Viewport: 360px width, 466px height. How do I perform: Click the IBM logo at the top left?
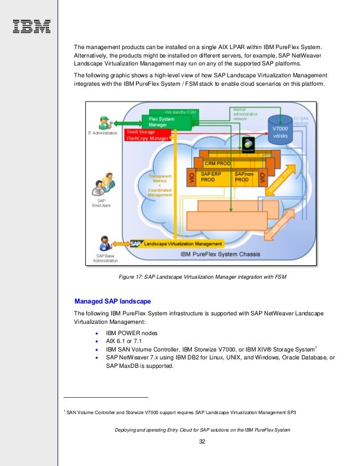[32, 25]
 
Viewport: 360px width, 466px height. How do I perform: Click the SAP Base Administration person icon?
[104, 245]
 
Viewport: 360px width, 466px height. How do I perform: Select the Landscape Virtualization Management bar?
[177, 244]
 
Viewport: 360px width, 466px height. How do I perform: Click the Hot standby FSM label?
[165, 112]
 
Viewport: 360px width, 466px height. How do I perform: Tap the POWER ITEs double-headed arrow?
[280, 180]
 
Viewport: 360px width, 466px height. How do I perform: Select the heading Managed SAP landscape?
[112, 301]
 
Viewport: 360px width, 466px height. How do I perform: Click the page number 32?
[202, 441]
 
